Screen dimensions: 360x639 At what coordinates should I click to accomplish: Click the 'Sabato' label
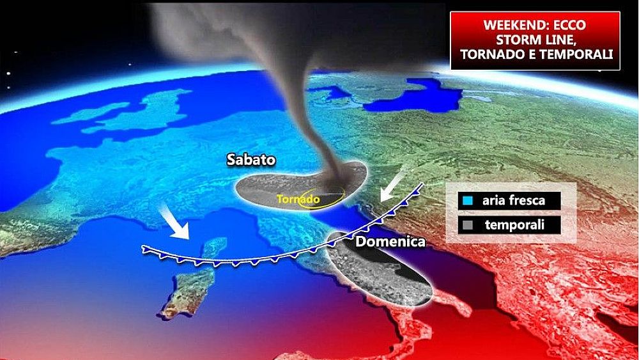[x=250, y=160]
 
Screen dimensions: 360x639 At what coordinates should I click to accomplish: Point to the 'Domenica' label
[x=381, y=242]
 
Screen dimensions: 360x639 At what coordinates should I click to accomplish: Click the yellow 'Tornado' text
[x=298, y=200]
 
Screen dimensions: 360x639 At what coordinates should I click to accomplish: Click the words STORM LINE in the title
[x=535, y=40]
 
